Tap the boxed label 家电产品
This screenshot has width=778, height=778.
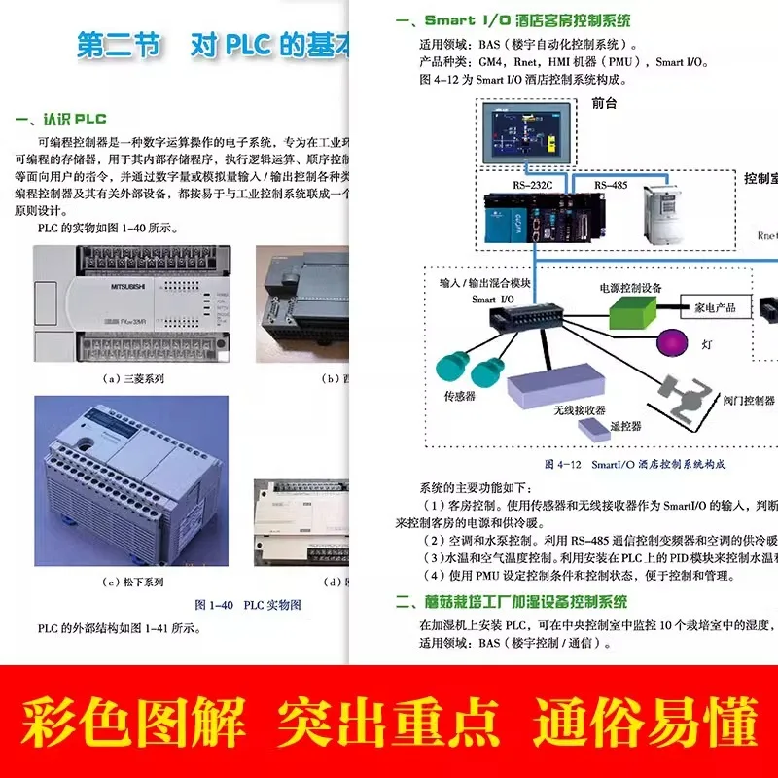tap(715, 308)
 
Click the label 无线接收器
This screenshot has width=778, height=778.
tap(581, 410)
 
